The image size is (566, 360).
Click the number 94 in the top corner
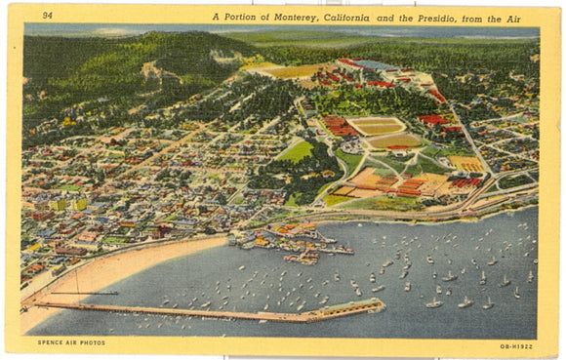(47, 16)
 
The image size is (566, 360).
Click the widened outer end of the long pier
(356, 308)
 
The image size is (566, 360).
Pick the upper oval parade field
(377, 126)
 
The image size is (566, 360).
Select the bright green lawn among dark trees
(295, 152)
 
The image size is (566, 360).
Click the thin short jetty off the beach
(84, 293)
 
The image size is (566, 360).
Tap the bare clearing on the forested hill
(150, 70)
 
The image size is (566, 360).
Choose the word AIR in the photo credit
(69, 341)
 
